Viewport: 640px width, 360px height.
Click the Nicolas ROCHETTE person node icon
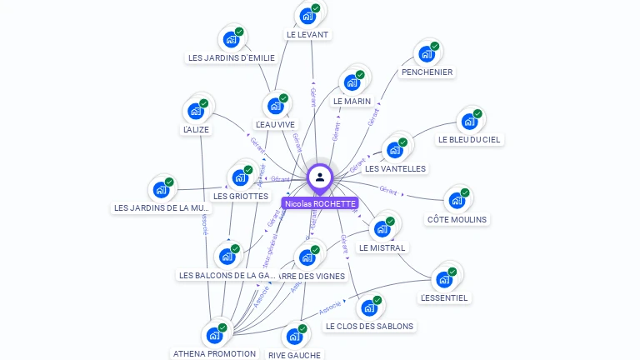coord(320,177)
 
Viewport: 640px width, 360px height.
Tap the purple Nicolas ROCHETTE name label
coord(320,203)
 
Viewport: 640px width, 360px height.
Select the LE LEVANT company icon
coord(308,16)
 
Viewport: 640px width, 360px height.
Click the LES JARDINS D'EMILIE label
coord(231,57)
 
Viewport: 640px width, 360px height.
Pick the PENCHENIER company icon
coord(427,55)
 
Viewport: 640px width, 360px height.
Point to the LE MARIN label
coord(352,101)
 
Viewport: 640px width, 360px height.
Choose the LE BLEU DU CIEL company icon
coord(469,122)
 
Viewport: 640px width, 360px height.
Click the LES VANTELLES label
coord(395,168)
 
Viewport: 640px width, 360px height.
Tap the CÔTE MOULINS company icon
coord(457,201)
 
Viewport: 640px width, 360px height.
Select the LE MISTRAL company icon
coord(382,229)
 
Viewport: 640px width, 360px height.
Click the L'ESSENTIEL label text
coord(444,297)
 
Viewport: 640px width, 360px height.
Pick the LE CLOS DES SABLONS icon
coord(369,308)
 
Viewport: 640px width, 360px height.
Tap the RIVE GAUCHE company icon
coord(294,337)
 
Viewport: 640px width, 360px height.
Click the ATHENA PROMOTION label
coord(214,353)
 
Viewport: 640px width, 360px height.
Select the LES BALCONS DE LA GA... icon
coord(227,257)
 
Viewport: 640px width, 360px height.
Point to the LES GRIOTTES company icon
coord(240,177)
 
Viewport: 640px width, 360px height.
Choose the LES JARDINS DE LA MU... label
coord(162,207)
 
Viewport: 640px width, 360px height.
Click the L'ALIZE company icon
coord(196,111)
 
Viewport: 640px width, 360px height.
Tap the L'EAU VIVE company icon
coord(275,106)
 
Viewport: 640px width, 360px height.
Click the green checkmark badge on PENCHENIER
coord(434,47)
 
